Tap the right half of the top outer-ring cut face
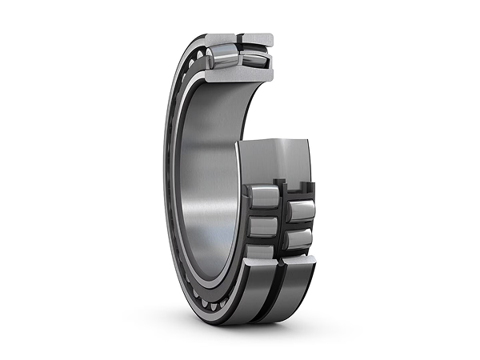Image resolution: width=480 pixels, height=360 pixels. point(256,38)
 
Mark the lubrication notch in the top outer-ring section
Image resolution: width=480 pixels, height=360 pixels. point(238,38)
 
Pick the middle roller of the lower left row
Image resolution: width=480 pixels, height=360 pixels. point(262,226)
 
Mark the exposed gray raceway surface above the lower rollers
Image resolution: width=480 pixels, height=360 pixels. point(280,160)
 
